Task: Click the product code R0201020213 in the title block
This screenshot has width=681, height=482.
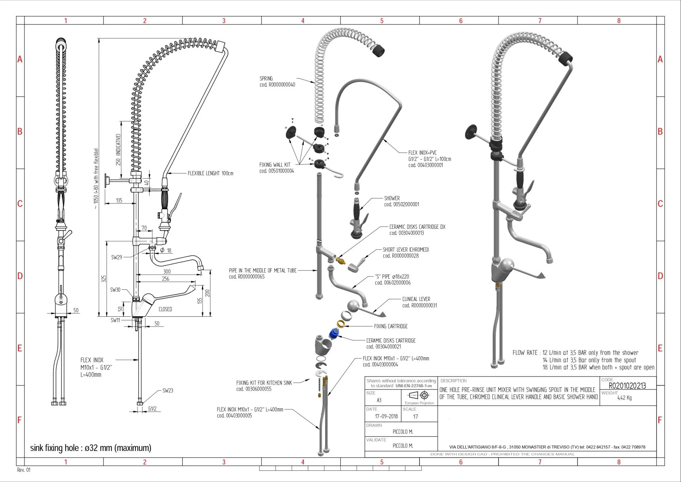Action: [627, 386]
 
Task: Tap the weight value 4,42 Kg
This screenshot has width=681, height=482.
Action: [624, 398]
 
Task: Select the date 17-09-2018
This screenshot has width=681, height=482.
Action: [386, 416]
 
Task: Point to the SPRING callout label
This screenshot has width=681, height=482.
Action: [266, 79]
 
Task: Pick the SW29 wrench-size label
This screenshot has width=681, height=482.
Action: [116, 257]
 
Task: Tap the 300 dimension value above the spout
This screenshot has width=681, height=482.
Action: [167, 272]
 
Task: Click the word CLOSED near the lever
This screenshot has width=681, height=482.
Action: [165, 309]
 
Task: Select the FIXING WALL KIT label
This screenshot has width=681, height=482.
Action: [275, 165]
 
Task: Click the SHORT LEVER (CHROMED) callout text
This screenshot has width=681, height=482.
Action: [406, 250]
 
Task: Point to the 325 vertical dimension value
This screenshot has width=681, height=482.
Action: [104, 279]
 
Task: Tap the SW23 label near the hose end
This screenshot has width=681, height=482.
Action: [168, 391]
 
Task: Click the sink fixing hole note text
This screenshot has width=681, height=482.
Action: [91, 448]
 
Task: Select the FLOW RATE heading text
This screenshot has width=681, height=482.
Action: [525, 353]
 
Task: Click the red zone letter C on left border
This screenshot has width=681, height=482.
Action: [20, 204]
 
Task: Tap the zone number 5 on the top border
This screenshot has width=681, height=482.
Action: [382, 21]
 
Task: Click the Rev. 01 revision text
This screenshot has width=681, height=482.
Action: [24, 470]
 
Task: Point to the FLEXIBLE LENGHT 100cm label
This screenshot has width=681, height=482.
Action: [210, 174]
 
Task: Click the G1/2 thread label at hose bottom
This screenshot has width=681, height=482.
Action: [152, 409]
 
